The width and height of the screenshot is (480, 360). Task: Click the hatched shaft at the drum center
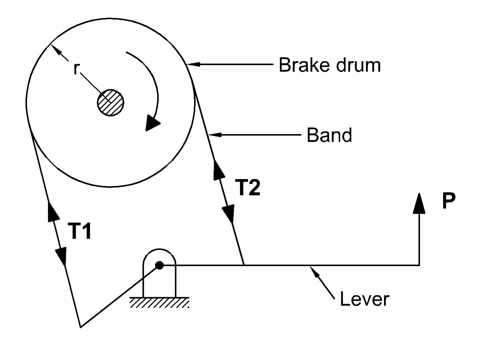(110, 102)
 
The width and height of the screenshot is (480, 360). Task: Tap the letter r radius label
(76, 68)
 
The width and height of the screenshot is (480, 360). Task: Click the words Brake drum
(330, 65)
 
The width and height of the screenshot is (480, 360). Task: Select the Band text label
(329, 135)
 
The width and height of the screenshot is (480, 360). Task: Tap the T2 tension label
(248, 188)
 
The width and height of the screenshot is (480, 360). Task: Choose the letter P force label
(448, 200)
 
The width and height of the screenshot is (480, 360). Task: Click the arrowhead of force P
(419, 203)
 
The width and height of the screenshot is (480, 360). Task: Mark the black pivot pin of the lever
(159, 265)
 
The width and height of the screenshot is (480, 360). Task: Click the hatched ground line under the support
(159, 302)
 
